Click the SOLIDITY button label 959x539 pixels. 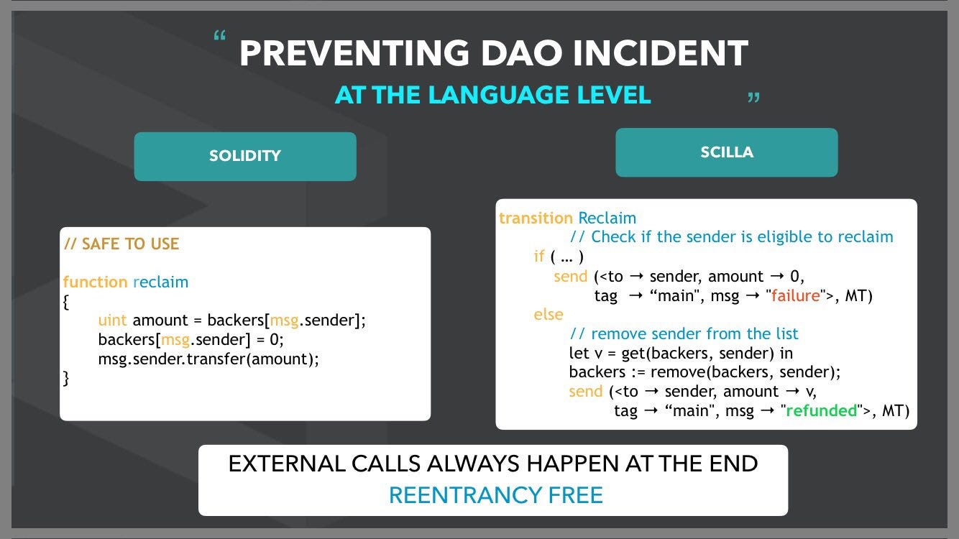(245, 155)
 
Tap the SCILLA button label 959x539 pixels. (727, 152)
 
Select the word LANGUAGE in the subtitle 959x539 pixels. (498, 95)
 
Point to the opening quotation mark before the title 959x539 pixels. (220, 35)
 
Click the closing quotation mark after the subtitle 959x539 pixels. (753, 97)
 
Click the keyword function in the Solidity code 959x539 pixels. (95, 282)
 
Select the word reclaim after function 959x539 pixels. (160, 282)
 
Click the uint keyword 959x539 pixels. (112, 320)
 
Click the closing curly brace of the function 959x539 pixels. (66, 379)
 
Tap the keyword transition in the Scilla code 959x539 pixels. (536, 218)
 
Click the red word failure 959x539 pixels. (796, 295)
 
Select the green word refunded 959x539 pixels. (822, 410)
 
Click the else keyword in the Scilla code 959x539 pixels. (548, 314)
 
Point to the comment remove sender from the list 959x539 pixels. (684, 333)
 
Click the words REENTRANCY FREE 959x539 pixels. (496, 495)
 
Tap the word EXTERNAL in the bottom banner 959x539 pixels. (287, 464)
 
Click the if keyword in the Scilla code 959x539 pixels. (538, 257)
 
